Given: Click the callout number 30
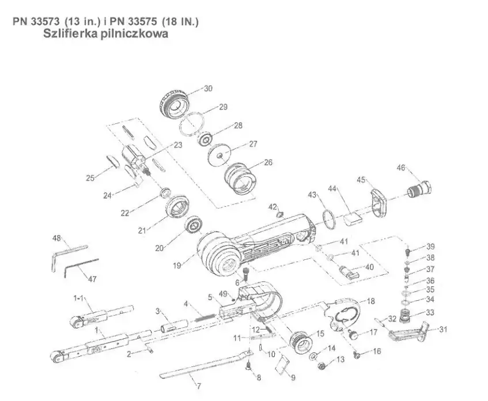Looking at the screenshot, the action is (208, 88).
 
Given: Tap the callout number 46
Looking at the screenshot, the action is (401, 168).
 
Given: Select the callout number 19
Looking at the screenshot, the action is (177, 266).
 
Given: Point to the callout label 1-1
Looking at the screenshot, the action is (78, 298).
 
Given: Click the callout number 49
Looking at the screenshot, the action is (223, 294).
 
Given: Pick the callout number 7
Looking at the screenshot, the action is (199, 387).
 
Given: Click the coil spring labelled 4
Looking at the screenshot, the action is (205, 317).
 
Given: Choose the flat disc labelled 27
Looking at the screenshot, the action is (220, 155).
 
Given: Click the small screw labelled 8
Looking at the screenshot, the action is (248, 365).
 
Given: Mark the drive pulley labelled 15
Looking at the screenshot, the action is (301, 341).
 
